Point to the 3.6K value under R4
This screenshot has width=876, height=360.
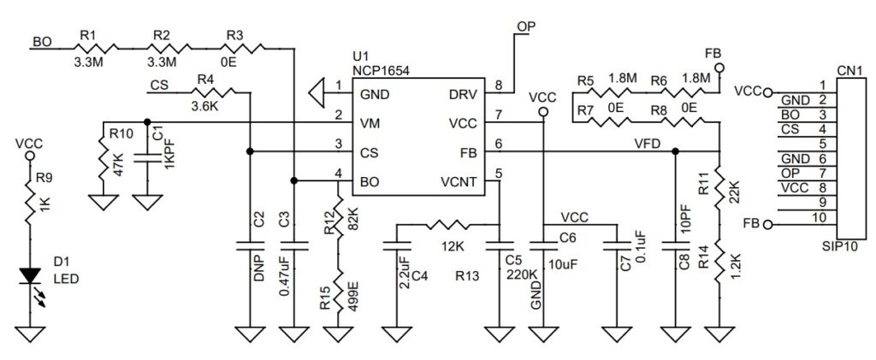click(204, 106)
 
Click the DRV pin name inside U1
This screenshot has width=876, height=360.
click(463, 93)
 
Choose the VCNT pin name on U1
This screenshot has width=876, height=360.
click(459, 180)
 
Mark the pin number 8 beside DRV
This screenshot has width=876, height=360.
click(500, 86)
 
